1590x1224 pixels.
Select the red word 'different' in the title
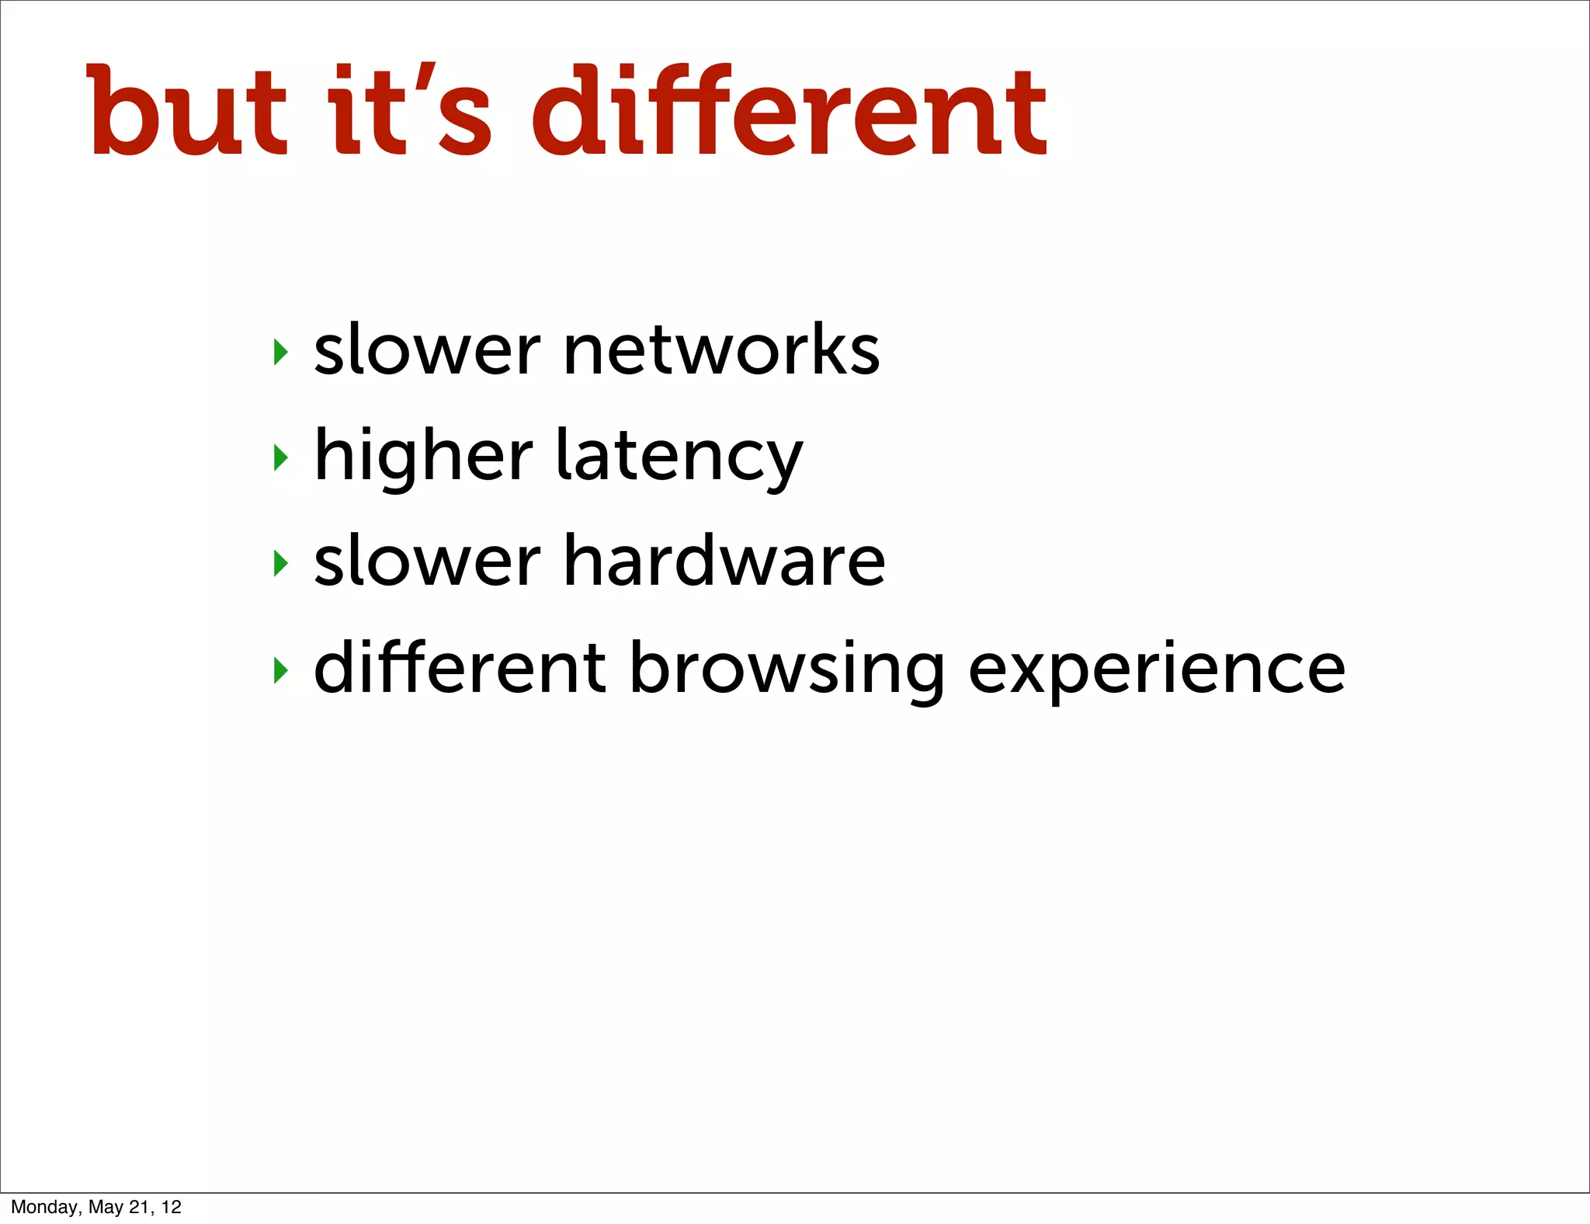tap(789, 111)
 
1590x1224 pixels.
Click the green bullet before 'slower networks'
tap(281, 352)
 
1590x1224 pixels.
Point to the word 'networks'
tap(721, 350)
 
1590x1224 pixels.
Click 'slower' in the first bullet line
tap(427, 350)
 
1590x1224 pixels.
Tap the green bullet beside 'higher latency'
tap(281, 458)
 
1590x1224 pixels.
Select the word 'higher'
tap(424, 457)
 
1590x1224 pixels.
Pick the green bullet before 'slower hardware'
tap(281, 563)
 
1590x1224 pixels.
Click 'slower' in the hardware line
tap(427, 562)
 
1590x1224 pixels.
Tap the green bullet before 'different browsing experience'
tap(281, 669)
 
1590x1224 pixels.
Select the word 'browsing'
tap(786, 669)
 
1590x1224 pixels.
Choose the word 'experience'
tap(1157, 669)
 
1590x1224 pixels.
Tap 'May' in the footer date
tap(106, 1207)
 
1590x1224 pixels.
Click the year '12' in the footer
tap(172, 1207)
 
